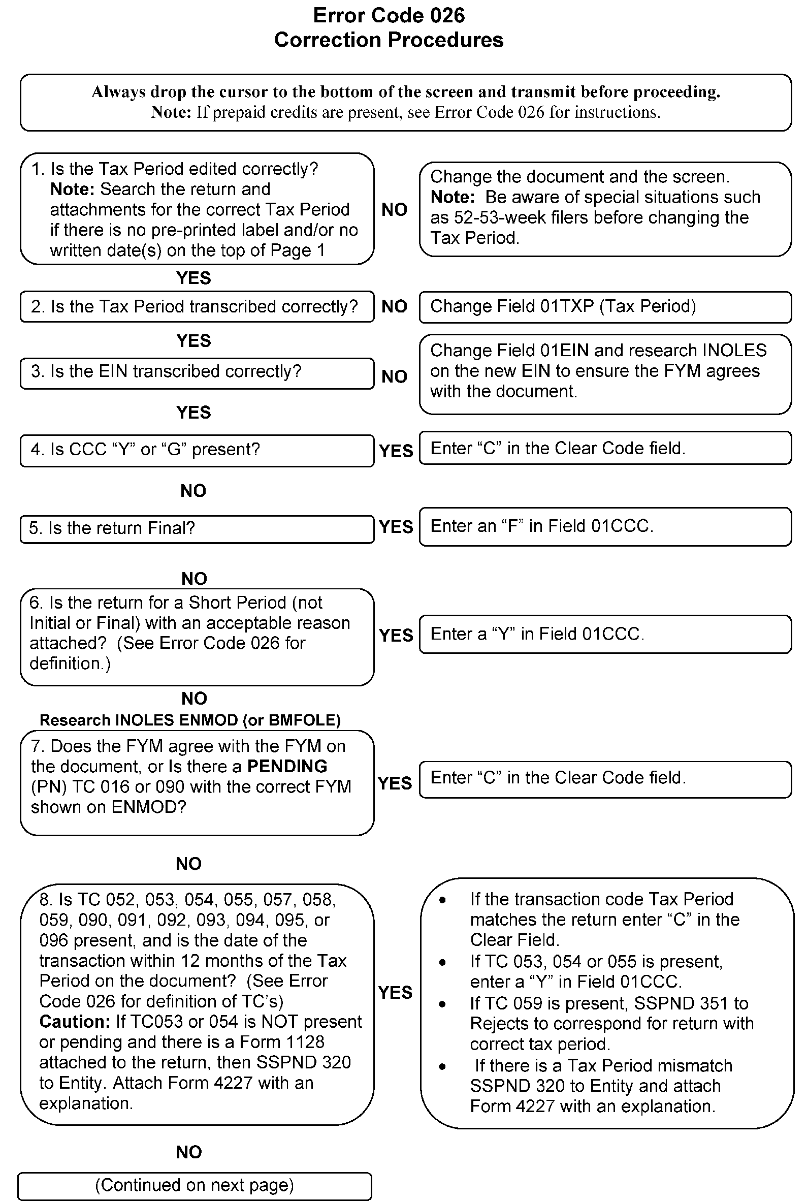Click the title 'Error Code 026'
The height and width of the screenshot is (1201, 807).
point(389,15)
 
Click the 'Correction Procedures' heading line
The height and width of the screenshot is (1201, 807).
point(389,40)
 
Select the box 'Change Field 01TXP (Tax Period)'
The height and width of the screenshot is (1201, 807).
point(605,307)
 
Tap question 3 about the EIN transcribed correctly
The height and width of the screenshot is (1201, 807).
point(197,372)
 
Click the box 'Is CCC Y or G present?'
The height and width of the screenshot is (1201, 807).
point(197,450)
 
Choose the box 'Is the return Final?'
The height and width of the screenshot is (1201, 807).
point(197,529)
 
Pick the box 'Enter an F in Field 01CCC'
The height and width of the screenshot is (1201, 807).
point(605,526)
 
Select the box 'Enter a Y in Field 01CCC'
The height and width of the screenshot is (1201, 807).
point(605,634)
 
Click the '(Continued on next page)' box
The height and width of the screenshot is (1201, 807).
point(195,1185)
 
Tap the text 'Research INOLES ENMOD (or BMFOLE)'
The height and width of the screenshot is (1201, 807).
point(190,720)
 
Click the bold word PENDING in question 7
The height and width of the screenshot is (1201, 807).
point(286,767)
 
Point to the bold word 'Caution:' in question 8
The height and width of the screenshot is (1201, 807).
point(75,1021)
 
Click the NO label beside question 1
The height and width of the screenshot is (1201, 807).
point(394,209)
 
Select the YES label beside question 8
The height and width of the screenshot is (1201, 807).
point(395,992)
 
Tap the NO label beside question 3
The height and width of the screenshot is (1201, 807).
point(394,376)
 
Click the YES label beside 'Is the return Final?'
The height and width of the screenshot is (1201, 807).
point(396,527)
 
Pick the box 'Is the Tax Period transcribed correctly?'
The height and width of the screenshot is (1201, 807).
point(197,307)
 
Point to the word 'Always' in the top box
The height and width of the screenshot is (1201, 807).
point(118,92)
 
